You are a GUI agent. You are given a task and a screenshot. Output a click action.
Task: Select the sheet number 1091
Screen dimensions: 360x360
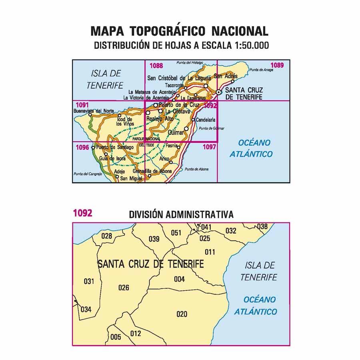(x=82, y=106)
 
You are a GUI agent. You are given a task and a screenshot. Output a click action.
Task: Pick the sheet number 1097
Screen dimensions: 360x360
(x=210, y=147)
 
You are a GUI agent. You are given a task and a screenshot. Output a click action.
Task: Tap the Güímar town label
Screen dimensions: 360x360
(x=176, y=132)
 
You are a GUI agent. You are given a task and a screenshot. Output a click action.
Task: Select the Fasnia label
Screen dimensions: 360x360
(x=171, y=146)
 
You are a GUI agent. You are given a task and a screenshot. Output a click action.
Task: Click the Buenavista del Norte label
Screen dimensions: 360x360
(x=94, y=111)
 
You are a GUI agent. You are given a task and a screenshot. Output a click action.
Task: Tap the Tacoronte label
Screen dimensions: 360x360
(x=174, y=86)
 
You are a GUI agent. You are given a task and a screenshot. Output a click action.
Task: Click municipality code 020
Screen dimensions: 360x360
(x=182, y=314)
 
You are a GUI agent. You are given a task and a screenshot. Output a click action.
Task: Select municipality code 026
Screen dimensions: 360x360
(x=124, y=288)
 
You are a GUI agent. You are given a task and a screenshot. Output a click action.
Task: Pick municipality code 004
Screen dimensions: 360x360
(x=179, y=279)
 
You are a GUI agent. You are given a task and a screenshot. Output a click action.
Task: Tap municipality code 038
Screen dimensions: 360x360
(x=262, y=227)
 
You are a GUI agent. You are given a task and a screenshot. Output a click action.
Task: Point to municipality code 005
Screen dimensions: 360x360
(x=116, y=337)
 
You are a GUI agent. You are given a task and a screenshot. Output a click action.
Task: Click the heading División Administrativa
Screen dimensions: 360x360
(x=181, y=215)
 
